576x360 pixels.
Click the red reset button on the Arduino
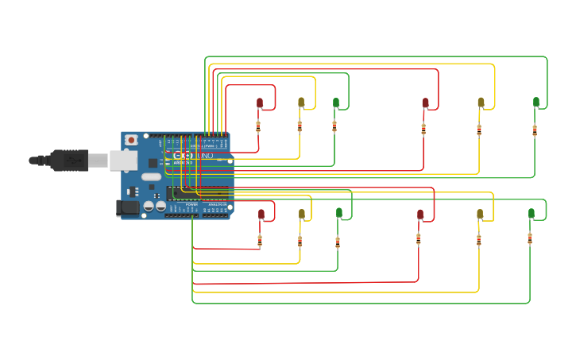pyautogui.click(x=130, y=140)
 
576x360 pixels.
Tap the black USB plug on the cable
pyautogui.click(x=69, y=161)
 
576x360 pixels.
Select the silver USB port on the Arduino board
pyautogui.click(x=122, y=161)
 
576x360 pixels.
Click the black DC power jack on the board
pyautogui.click(x=127, y=208)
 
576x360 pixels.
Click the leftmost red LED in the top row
pyautogui.click(x=260, y=103)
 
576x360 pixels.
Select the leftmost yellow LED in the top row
pyautogui.click(x=301, y=103)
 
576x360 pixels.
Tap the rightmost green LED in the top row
pyautogui.click(x=536, y=102)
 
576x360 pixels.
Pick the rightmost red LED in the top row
pyautogui.click(x=425, y=103)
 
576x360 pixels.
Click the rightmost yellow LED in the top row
pyautogui.click(x=481, y=103)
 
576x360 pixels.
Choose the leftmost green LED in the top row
pyautogui.click(x=336, y=103)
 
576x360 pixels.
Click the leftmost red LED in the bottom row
pyautogui.click(x=261, y=214)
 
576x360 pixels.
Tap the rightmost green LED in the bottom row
pyautogui.click(x=532, y=213)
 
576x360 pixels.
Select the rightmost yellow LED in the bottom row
pyautogui.click(x=480, y=214)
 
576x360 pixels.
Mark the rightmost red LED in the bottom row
pyautogui.click(x=420, y=214)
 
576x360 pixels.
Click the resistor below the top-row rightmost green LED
pyautogui.click(x=535, y=130)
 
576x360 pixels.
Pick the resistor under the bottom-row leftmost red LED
pyautogui.click(x=260, y=240)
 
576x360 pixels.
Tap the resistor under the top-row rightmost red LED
pyautogui.click(x=423, y=130)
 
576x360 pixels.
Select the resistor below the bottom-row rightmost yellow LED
pyautogui.click(x=478, y=240)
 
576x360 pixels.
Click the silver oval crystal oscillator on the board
pyautogui.click(x=151, y=177)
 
